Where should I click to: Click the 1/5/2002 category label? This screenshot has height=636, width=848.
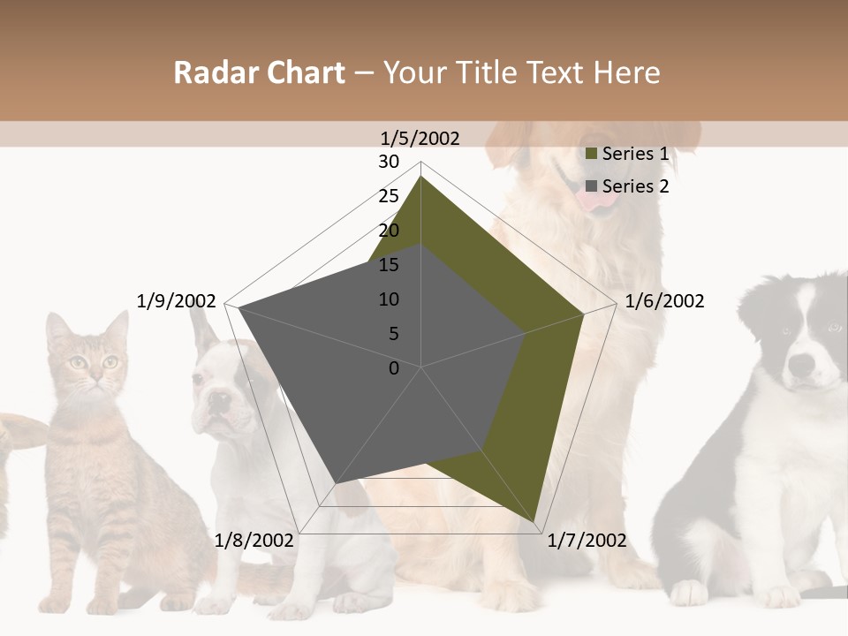pyautogui.click(x=420, y=138)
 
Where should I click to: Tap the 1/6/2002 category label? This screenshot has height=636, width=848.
pyautogui.click(x=664, y=301)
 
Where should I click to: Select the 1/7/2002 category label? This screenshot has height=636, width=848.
pyautogui.click(x=587, y=541)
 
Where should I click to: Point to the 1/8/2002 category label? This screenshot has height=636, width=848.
pyautogui.click(x=254, y=541)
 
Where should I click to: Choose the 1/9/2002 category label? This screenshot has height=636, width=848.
pyautogui.click(x=177, y=301)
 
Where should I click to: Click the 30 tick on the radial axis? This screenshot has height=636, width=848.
pyautogui.click(x=389, y=162)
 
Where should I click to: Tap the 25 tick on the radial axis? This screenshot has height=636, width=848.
pyautogui.click(x=389, y=196)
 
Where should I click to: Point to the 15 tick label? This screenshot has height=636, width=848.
pyautogui.click(x=389, y=265)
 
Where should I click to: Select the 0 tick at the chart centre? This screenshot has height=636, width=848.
pyautogui.click(x=394, y=368)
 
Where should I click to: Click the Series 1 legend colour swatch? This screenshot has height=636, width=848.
pyautogui.click(x=592, y=154)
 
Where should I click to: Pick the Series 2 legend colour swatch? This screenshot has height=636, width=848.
pyautogui.click(x=592, y=186)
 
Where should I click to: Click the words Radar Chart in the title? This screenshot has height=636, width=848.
pyautogui.click(x=259, y=73)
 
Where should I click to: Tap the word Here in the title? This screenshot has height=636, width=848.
pyautogui.click(x=627, y=73)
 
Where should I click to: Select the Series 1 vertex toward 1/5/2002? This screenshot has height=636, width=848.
pyautogui.click(x=420, y=177)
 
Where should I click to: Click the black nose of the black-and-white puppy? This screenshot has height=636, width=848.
pyautogui.click(x=801, y=364)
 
